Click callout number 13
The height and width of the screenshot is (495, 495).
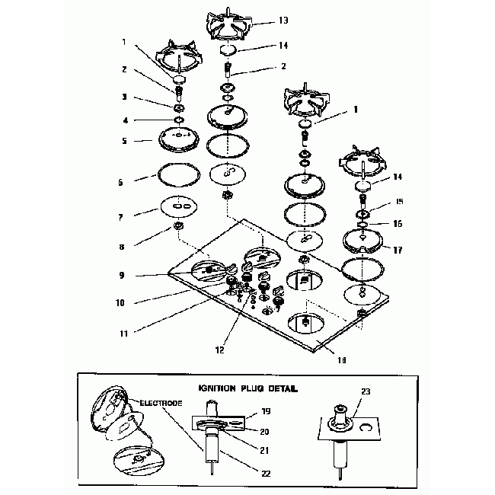(x=262, y=21)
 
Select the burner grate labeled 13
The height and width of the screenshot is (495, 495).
(x=228, y=24)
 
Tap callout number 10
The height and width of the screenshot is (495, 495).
(x=120, y=302)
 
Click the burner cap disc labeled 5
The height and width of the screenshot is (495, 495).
(x=177, y=140)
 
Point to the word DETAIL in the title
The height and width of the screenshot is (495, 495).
(x=279, y=388)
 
